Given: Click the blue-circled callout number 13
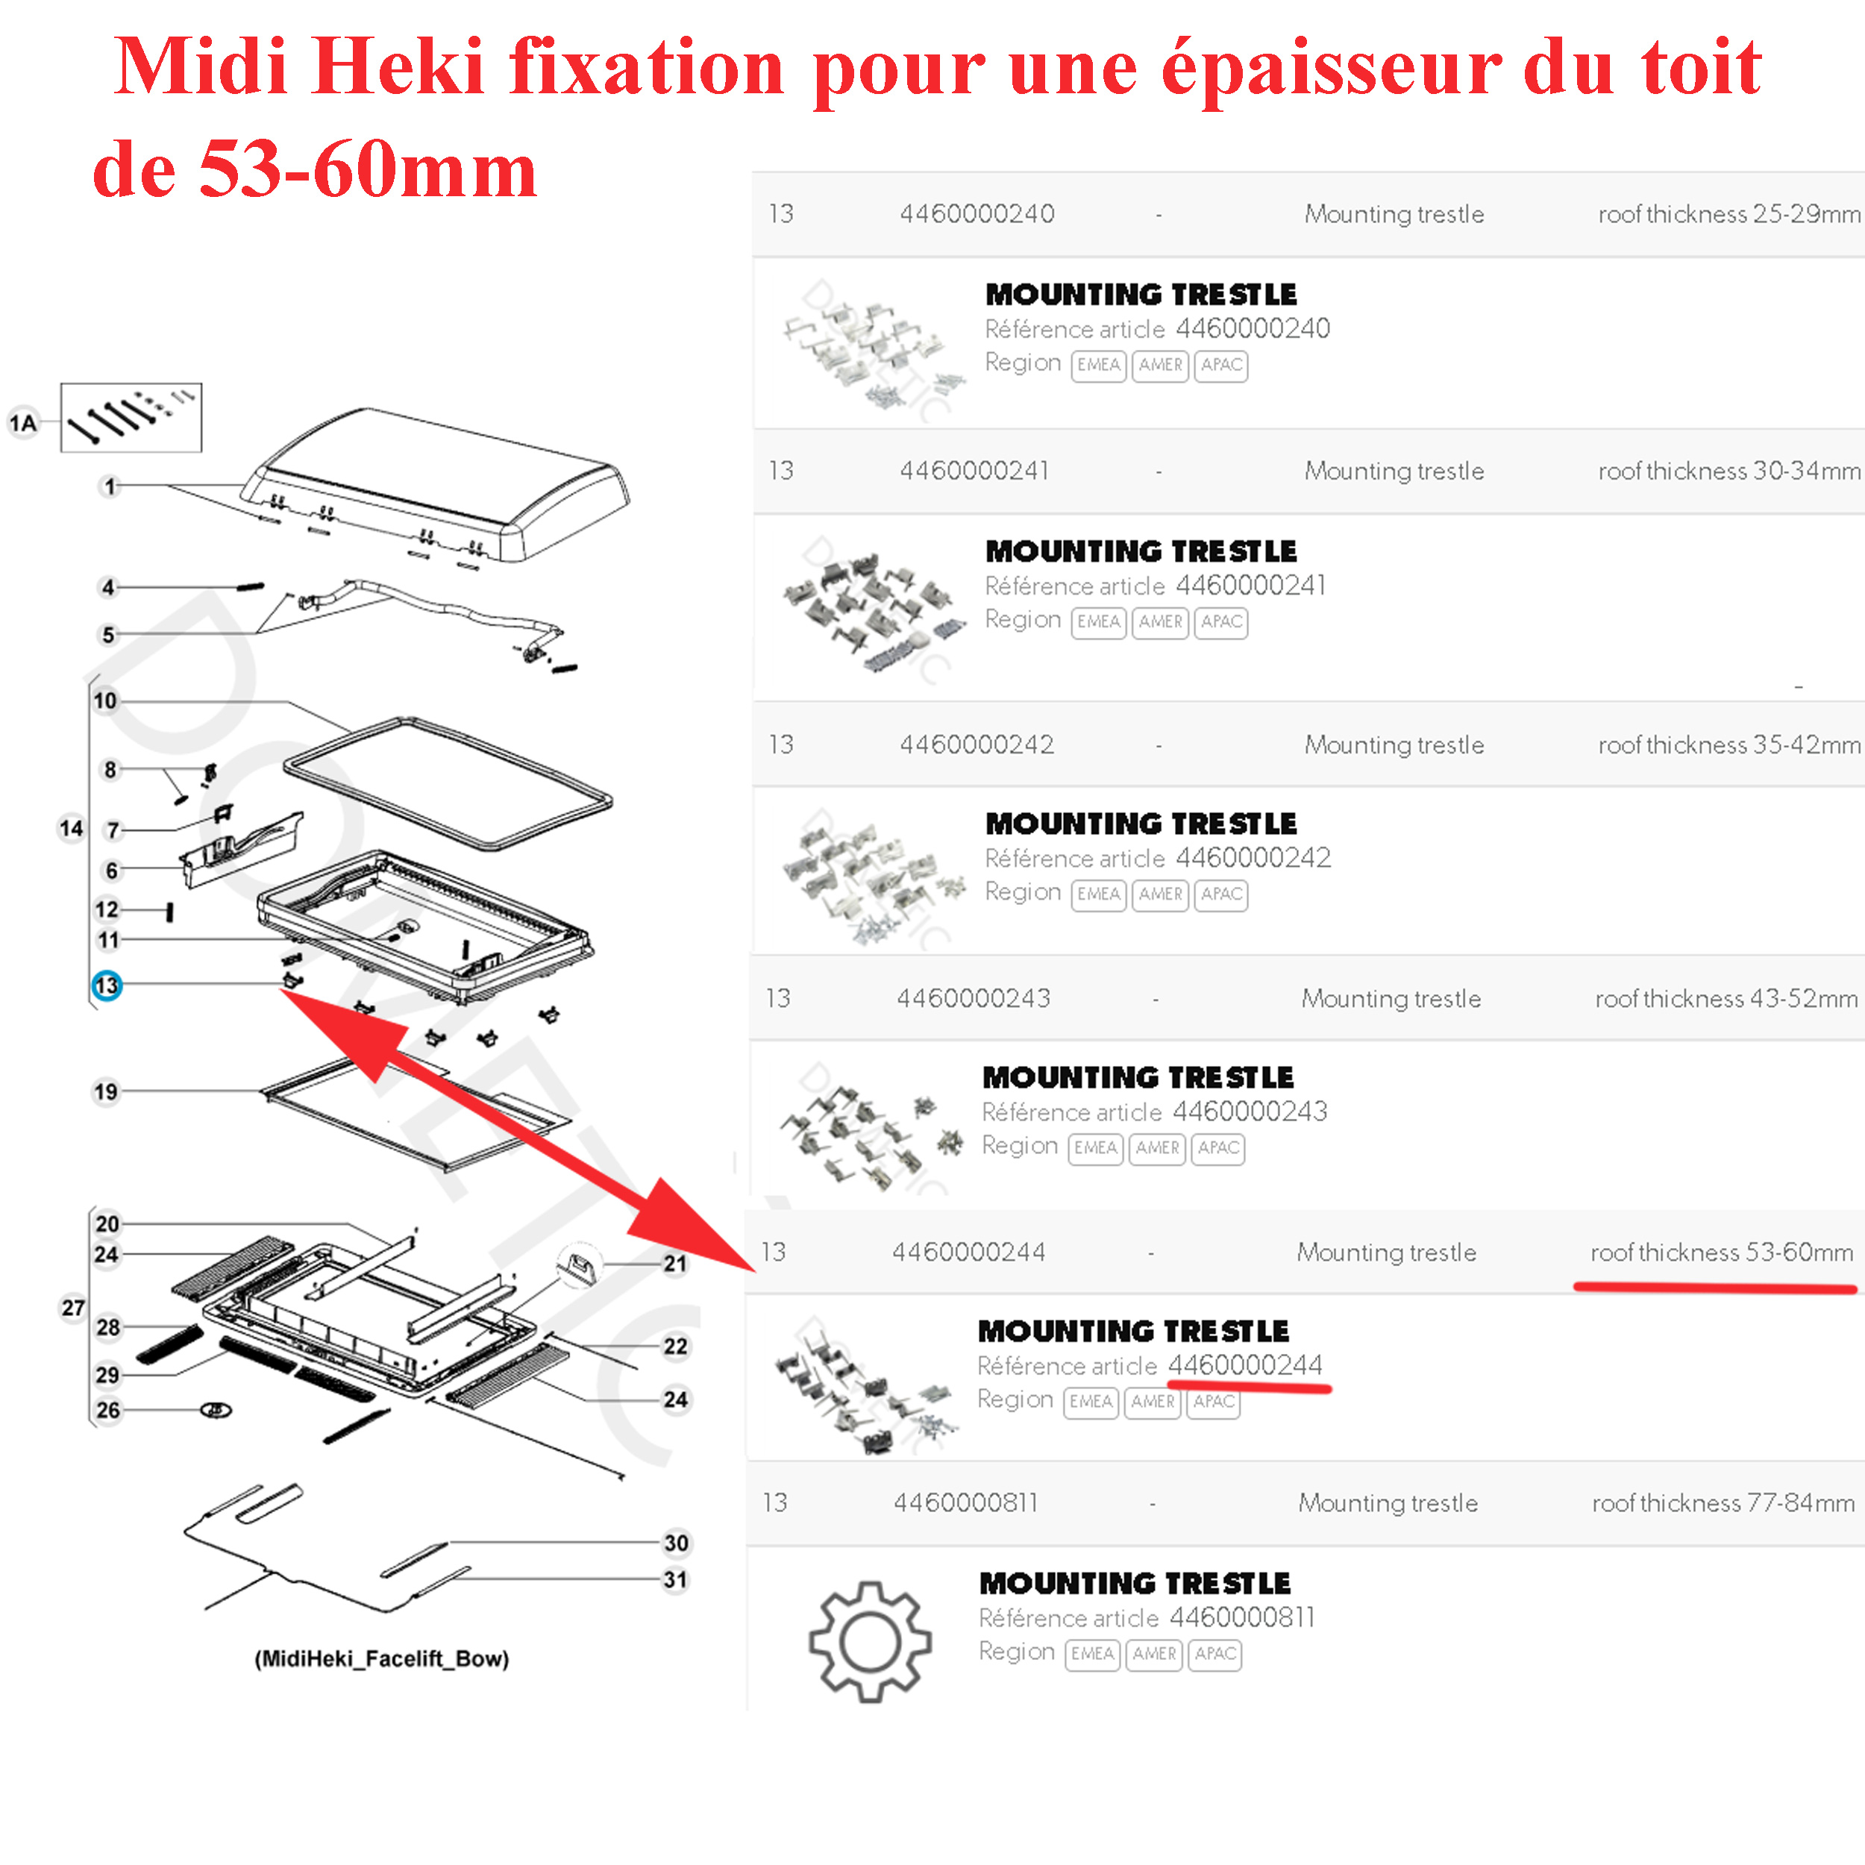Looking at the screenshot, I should point(106,985).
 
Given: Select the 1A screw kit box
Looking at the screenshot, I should point(131,417).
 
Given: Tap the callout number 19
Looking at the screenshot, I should point(105,1092).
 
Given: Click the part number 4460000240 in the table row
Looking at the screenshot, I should point(977,213).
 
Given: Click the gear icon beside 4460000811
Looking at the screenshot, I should point(870,1641).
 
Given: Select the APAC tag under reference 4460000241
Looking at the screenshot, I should point(1221,621).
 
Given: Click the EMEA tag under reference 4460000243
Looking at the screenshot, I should point(1094,1148).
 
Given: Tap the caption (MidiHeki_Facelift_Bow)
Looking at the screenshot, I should point(381,1658).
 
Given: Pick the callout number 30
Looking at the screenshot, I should point(676,1543).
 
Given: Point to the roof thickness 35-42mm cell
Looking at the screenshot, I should point(1728,745).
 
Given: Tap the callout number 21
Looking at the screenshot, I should point(675,1264).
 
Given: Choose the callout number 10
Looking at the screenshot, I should point(105,700).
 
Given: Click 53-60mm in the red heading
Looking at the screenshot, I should point(367,170).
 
